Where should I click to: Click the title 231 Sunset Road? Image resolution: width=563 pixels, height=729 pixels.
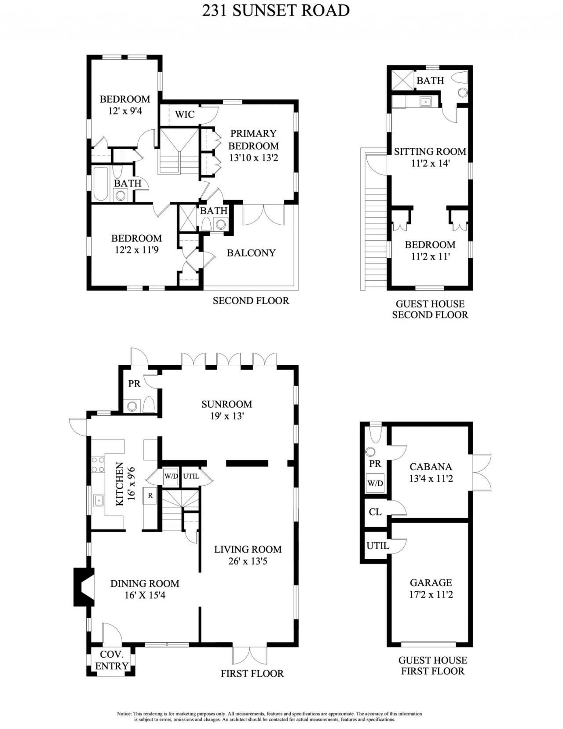276,11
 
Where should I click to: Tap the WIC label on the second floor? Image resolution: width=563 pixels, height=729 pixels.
185,114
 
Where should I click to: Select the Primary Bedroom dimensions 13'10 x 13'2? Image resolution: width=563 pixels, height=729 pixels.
253,158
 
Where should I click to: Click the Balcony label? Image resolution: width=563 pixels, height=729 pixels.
251,253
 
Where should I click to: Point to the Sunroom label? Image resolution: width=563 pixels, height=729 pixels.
227,404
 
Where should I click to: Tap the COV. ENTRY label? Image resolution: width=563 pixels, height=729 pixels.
111,660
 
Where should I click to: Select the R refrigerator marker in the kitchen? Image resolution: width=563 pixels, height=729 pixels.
150,495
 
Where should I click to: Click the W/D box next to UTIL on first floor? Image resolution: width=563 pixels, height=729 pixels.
171,476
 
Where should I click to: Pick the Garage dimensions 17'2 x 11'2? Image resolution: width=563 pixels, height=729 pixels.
431,595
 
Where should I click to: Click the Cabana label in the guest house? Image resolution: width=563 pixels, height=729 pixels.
431,467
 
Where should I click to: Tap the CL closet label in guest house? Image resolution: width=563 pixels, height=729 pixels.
375,512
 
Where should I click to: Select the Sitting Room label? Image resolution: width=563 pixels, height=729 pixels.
430,152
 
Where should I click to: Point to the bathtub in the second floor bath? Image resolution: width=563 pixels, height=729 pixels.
101,183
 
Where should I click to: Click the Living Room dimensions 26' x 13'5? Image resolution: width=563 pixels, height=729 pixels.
248,561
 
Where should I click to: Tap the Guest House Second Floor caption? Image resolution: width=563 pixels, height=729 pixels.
430,309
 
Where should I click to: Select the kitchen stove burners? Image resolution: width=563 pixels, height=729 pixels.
98,465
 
